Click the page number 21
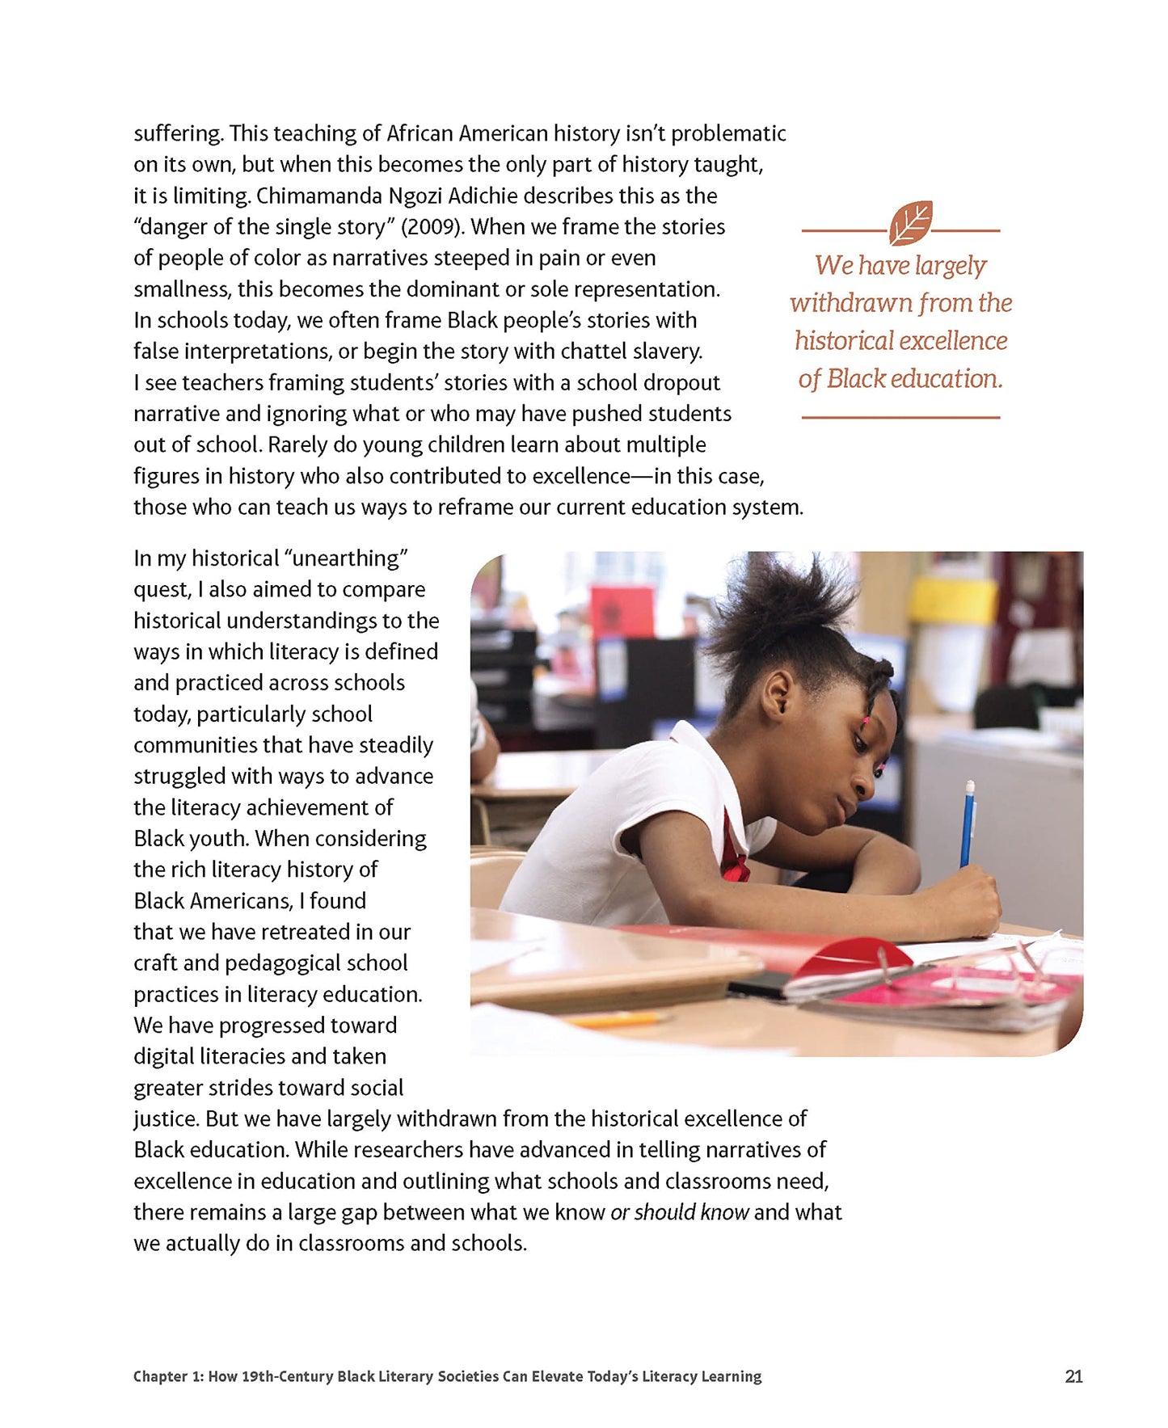pos(1073,1376)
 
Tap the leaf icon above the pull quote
pos(910,223)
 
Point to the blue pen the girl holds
pos(967,824)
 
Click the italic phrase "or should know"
pos(679,1212)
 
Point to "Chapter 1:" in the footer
pos(168,1376)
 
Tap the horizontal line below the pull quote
pos(900,418)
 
